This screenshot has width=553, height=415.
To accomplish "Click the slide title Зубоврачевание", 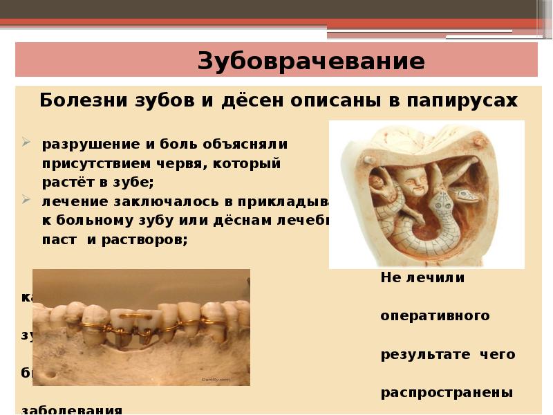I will point(311,61).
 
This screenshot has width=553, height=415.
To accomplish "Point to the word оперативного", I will point(435,316).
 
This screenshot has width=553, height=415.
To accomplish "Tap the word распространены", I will point(447,392).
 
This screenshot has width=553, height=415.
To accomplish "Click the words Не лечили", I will point(422,278).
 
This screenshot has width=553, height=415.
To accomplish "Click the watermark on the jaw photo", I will point(214,379).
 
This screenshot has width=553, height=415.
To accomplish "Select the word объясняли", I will point(243,145).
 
